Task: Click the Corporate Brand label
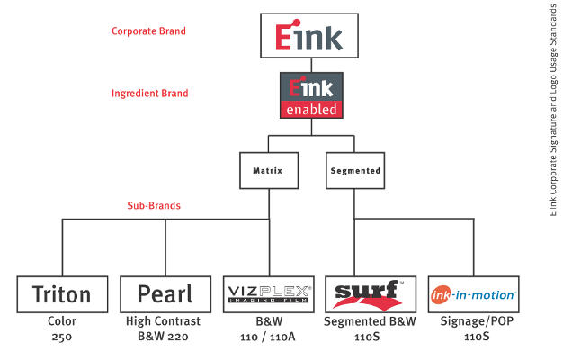click(x=148, y=31)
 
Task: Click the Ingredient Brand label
click(x=148, y=93)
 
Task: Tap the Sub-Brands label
click(x=154, y=205)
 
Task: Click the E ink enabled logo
click(x=311, y=96)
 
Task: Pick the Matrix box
click(x=268, y=169)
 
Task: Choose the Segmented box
click(x=353, y=169)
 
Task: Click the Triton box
click(x=62, y=294)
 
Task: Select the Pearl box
click(x=165, y=294)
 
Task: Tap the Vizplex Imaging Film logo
click(x=268, y=294)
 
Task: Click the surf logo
click(x=371, y=294)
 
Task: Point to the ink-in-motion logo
click(x=473, y=294)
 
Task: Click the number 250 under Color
click(x=62, y=336)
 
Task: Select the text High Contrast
click(x=164, y=321)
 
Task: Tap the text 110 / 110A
click(x=268, y=336)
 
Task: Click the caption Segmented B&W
click(x=371, y=321)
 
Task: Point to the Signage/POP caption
click(x=473, y=321)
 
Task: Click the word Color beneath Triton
click(x=62, y=321)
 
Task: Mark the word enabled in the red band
click(x=311, y=110)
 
